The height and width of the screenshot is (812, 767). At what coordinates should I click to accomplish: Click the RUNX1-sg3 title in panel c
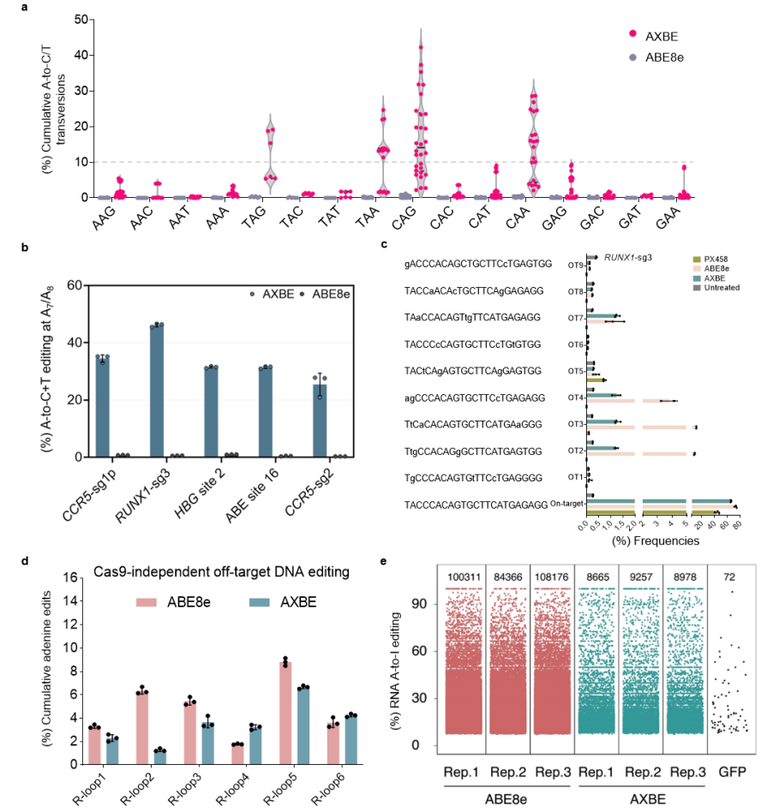[x=629, y=256]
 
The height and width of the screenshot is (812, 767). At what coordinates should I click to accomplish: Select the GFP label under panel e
[x=731, y=772]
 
